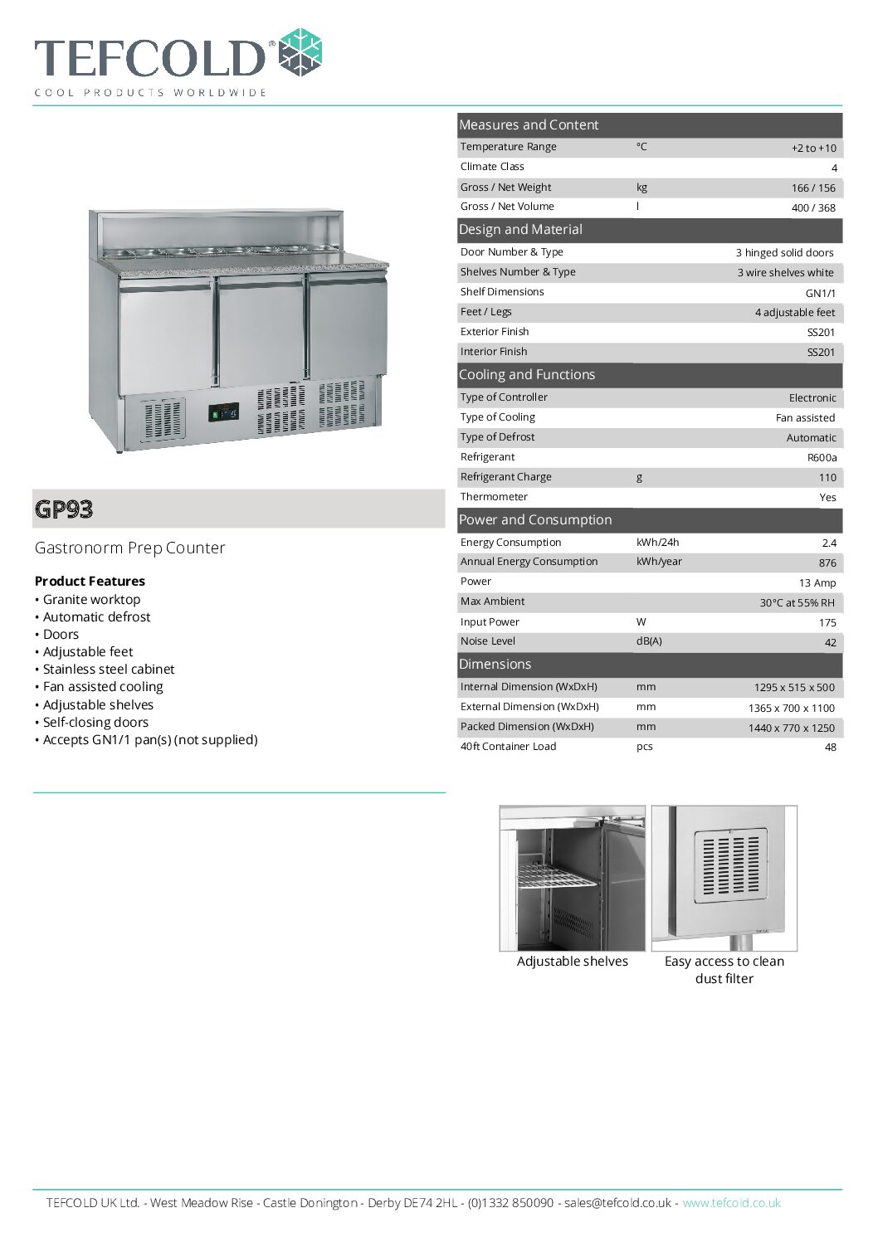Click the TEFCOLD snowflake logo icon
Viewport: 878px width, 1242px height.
299,53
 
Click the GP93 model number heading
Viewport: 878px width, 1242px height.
64,509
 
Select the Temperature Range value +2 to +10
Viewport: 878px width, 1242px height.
813,149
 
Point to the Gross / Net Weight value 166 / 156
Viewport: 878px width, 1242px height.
813,188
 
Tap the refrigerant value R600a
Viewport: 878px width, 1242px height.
822,458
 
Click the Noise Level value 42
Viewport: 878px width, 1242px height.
830,643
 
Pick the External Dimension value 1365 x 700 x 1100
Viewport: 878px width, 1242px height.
791,709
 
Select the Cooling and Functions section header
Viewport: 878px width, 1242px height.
527,375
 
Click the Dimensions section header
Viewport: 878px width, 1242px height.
495,665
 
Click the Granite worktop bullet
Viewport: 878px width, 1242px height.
91,600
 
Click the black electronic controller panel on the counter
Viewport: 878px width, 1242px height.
223,412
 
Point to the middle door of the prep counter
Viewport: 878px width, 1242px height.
261,332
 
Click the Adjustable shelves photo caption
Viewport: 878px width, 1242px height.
573,962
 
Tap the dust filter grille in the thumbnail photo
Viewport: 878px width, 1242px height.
729,863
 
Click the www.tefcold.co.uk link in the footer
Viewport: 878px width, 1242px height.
731,1203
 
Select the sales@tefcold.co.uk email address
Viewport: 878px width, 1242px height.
617,1203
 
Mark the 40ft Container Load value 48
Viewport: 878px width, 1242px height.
830,748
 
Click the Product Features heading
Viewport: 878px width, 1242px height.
90,582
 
